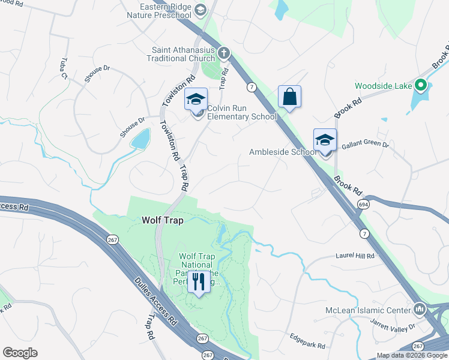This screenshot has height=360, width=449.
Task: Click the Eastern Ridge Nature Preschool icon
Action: point(200,9)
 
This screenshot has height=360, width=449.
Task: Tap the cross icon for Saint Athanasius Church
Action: point(224,53)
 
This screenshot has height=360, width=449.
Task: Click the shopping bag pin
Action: point(289,97)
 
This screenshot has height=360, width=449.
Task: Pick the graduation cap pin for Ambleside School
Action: point(325,140)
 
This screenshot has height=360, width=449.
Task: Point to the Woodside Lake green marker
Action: point(421,86)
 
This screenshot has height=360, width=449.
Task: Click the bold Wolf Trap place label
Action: point(161,220)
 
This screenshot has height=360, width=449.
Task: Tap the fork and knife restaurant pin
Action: point(199,281)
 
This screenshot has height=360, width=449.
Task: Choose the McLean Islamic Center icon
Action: point(419,310)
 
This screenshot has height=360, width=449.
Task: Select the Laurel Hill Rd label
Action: point(355,256)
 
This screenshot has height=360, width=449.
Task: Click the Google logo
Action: point(20,353)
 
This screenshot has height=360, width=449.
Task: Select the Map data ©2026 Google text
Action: point(412,355)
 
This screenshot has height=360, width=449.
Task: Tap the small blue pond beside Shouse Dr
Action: point(140,139)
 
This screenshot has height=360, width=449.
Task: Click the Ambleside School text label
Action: point(283,152)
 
